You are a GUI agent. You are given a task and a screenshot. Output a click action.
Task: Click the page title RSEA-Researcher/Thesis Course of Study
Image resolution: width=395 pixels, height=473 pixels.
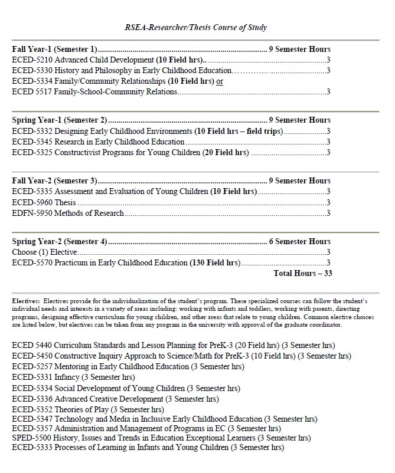click(196, 27)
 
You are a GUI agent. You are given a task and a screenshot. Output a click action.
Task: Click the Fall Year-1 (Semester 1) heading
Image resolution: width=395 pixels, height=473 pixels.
click(54, 49)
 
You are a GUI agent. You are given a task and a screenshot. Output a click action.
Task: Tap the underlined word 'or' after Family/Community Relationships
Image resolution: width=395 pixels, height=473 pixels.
click(219, 81)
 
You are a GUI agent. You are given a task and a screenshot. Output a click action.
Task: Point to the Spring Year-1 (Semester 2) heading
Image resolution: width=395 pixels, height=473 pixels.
click(59, 120)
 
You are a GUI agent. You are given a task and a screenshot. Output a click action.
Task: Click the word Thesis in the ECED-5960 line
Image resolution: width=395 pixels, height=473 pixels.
click(65, 202)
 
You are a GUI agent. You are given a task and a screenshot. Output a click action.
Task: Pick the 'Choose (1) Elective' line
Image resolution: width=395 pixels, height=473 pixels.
click(44, 252)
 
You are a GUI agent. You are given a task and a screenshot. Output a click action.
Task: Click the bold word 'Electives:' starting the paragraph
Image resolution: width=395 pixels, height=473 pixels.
click(26, 301)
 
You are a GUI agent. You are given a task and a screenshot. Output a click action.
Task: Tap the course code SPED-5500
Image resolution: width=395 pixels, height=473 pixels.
click(31, 438)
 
